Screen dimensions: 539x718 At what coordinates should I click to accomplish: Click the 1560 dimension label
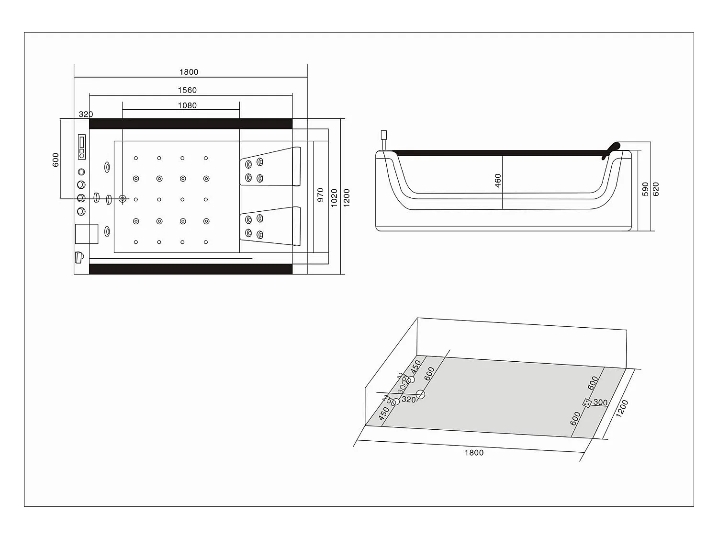187,90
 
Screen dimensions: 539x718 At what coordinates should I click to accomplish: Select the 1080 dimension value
187,105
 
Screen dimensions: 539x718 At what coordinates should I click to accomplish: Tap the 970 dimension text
321,195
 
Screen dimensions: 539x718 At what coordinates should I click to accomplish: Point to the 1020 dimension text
334,197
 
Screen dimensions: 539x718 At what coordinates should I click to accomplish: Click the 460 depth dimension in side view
498,181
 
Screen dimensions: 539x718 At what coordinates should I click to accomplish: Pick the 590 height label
645,189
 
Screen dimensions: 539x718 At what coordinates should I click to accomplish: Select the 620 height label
656,189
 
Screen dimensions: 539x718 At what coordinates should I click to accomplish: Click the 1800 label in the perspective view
474,453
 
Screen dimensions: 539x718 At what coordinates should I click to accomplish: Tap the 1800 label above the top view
189,72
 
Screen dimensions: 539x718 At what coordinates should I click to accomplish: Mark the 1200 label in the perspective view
622,409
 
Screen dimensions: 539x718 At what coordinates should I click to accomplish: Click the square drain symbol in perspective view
586,403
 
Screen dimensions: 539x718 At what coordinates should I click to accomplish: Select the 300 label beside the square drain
600,402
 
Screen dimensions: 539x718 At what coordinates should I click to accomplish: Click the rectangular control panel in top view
82,146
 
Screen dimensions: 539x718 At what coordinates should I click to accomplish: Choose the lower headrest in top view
270,226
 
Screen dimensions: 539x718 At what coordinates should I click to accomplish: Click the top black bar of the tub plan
191,124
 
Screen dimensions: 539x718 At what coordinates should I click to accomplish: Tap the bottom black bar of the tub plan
191,269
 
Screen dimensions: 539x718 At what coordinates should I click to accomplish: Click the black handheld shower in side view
611,149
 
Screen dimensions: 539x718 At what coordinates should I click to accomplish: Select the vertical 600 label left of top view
56,160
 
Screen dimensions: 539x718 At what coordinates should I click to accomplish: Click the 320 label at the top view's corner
86,115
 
